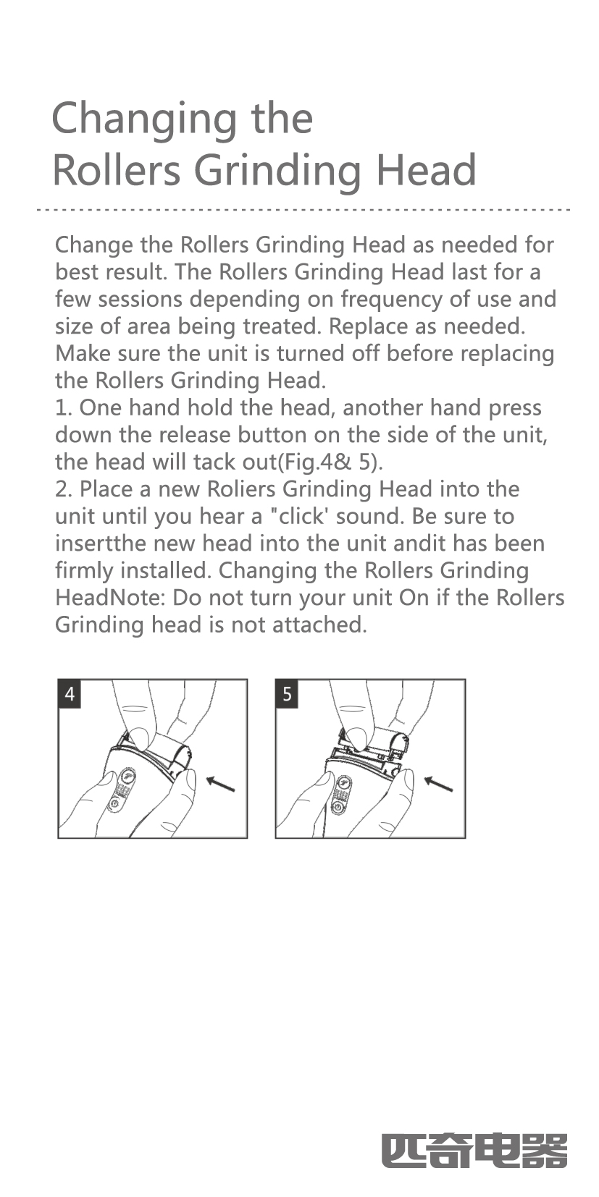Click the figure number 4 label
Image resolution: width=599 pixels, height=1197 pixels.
point(70,693)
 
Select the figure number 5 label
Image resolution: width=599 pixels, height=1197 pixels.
point(288,693)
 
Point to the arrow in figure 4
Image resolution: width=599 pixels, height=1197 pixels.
point(220,783)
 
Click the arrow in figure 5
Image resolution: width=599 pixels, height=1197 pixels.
point(438,783)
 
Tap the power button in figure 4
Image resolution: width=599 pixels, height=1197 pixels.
point(114,804)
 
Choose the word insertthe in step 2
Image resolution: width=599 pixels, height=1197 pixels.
point(101,543)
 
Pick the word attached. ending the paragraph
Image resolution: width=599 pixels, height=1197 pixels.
point(320,625)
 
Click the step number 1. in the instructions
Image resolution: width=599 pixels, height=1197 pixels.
point(64,407)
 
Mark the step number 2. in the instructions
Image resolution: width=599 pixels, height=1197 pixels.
point(64,489)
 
